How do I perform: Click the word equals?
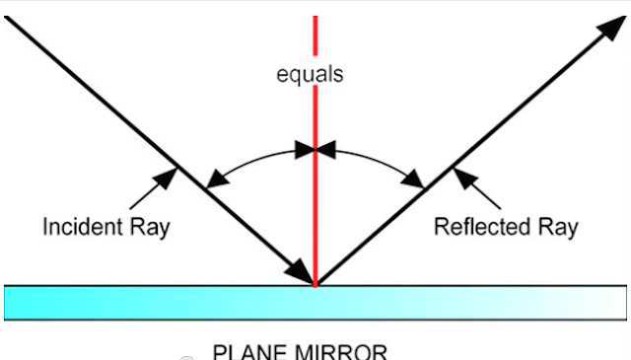[x=310, y=75]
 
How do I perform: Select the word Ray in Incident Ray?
[x=151, y=227]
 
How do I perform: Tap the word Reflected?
[x=481, y=227]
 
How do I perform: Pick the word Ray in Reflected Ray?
[x=557, y=227]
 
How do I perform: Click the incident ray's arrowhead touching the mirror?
[x=299, y=270]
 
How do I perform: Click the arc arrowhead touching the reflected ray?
[x=417, y=180]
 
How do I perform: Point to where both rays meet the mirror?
[x=315, y=285]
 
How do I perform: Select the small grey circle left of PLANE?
[x=186, y=357]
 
